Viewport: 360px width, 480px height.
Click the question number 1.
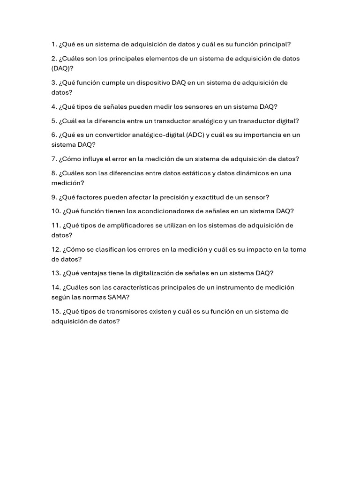point(54,45)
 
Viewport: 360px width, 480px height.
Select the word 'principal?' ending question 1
point(274,45)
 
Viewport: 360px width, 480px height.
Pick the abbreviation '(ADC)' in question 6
point(195,135)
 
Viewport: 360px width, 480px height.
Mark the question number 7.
point(54,159)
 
